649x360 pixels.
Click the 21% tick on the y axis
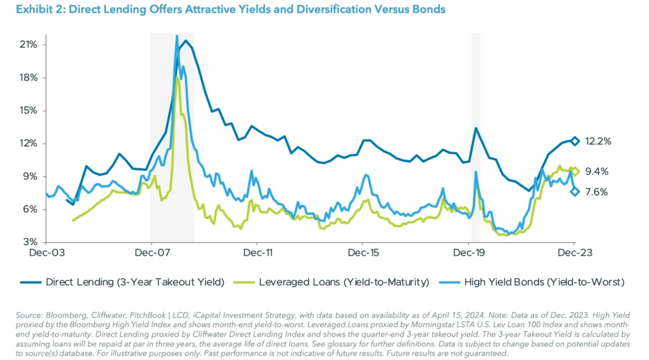click(28, 44)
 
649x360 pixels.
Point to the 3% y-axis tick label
click(30, 242)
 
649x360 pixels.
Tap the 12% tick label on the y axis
click(28, 143)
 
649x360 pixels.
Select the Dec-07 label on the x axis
click(151, 252)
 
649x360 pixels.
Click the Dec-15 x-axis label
click(362, 252)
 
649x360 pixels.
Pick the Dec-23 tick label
click(574, 252)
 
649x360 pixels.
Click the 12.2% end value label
click(598, 141)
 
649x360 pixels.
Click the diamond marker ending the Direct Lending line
click(575, 141)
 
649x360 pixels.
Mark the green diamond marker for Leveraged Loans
click(575, 172)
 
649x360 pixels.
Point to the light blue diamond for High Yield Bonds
click(575, 191)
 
